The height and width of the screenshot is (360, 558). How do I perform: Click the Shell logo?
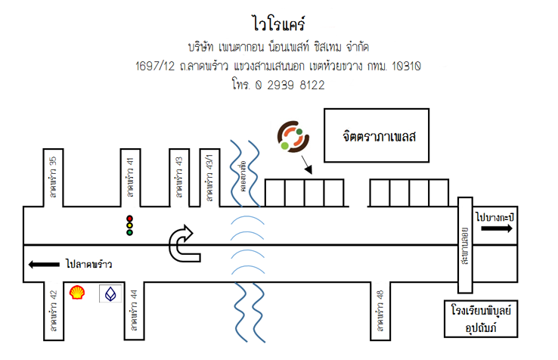[77, 293]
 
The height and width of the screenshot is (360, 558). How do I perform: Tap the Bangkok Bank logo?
[110, 293]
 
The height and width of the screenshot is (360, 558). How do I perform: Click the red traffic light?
[129, 219]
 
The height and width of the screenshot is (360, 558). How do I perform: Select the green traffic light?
[129, 232]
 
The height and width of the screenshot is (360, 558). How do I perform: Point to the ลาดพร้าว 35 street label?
[54, 177]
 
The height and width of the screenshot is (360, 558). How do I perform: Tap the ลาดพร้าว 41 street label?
[131, 177]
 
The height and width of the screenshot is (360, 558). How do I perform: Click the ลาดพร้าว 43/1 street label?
[209, 177]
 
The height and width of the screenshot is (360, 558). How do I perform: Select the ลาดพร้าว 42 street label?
[54, 311]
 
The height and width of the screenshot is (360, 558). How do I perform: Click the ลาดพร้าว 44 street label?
[134, 311]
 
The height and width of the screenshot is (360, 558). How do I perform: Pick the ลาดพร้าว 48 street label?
[380, 311]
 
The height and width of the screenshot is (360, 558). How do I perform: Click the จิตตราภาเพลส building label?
[380, 136]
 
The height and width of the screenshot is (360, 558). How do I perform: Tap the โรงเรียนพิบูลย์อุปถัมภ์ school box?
[481, 318]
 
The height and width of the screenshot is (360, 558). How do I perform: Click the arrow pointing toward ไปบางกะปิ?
[497, 228]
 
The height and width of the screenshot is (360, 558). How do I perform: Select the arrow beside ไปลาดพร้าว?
[44, 264]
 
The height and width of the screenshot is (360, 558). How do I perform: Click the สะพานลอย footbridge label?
[465, 246]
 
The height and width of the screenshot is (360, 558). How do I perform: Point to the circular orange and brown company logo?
[293, 136]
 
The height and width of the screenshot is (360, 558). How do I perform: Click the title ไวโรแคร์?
[279, 24]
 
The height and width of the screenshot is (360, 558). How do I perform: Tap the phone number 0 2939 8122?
[290, 85]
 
